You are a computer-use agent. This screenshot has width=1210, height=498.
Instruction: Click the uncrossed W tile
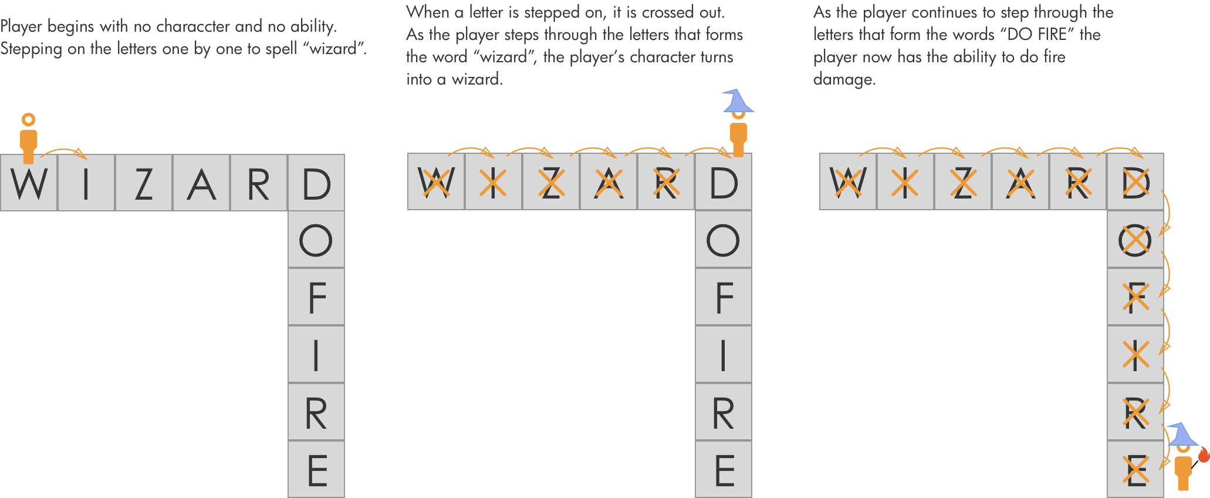(29, 183)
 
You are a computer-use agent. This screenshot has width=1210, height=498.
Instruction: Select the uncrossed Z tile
(144, 183)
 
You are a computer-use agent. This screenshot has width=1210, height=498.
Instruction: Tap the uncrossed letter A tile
(201, 183)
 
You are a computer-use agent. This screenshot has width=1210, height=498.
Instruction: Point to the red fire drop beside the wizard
(1204, 455)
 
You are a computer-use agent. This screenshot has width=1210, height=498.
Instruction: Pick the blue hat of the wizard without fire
(737, 101)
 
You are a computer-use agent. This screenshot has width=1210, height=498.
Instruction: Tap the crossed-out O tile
(1135, 240)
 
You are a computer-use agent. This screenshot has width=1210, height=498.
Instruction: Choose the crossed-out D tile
(1135, 183)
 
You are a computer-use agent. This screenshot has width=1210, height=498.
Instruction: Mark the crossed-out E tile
(1135, 470)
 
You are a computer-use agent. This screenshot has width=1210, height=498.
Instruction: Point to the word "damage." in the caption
(844, 79)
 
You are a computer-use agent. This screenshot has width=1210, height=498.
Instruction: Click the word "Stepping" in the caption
(31, 49)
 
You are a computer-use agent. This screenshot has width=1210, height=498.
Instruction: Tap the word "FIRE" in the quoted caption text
(1052, 34)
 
